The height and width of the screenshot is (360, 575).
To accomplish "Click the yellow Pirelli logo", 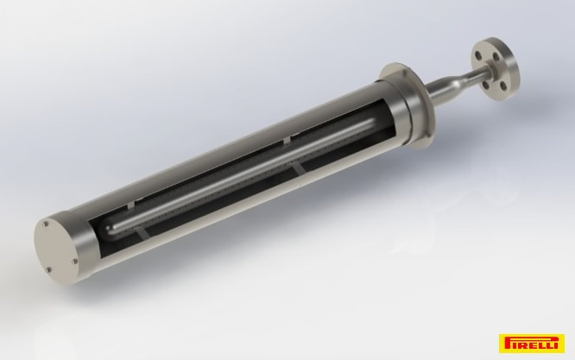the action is point(531,343).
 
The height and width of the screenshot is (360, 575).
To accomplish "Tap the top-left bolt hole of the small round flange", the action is point(477,55).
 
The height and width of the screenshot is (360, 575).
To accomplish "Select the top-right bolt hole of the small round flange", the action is point(496,57).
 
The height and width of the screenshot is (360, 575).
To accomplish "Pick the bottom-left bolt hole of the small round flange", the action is point(486,85).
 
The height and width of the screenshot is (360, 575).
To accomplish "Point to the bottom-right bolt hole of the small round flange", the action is point(503,86).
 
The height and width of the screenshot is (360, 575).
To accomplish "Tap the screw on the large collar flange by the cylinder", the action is point(405,73).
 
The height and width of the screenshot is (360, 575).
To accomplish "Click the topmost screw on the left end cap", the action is point(46,224).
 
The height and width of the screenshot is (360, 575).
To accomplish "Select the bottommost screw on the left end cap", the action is point(48,270).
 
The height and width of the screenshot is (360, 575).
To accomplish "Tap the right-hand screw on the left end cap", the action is point(74,262).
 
